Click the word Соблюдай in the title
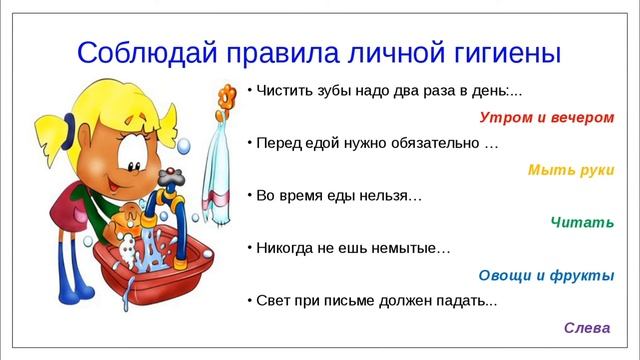(x=139, y=51)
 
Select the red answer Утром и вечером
(x=546, y=117)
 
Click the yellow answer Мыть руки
(x=571, y=169)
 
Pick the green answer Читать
(x=582, y=221)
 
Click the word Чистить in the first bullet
(x=285, y=91)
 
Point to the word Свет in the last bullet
(x=274, y=300)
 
